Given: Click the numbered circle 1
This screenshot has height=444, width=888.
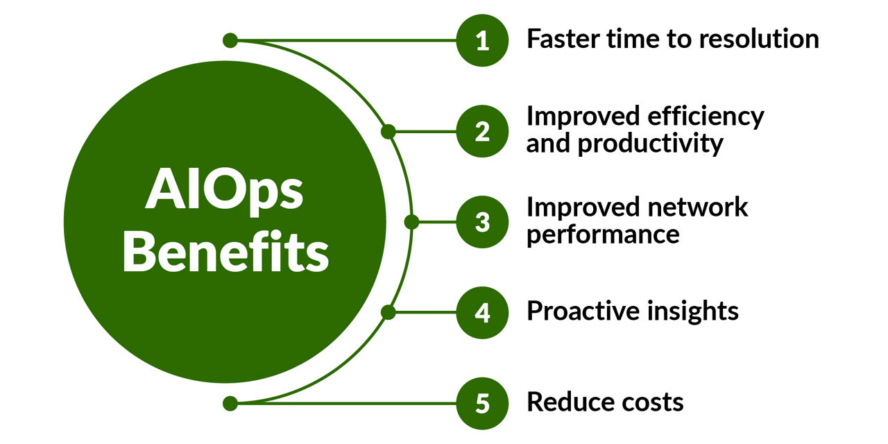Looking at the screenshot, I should (482, 40).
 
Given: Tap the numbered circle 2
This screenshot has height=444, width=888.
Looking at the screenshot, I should (482, 131).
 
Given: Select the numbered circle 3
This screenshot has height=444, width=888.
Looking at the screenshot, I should (482, 222).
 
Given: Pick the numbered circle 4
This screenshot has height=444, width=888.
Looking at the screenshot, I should (482, 313).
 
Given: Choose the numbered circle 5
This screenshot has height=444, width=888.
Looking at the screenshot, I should (482, 404).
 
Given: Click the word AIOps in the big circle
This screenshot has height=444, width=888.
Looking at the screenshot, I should (224, 191).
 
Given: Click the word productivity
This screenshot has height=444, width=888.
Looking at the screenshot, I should (650, 144).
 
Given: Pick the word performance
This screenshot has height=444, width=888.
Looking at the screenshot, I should (603, 235).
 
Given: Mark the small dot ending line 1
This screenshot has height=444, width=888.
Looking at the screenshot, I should (230, 40).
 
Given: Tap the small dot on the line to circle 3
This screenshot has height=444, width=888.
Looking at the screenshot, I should (411, 222).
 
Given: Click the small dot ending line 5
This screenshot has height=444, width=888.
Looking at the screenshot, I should (230, 404).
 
